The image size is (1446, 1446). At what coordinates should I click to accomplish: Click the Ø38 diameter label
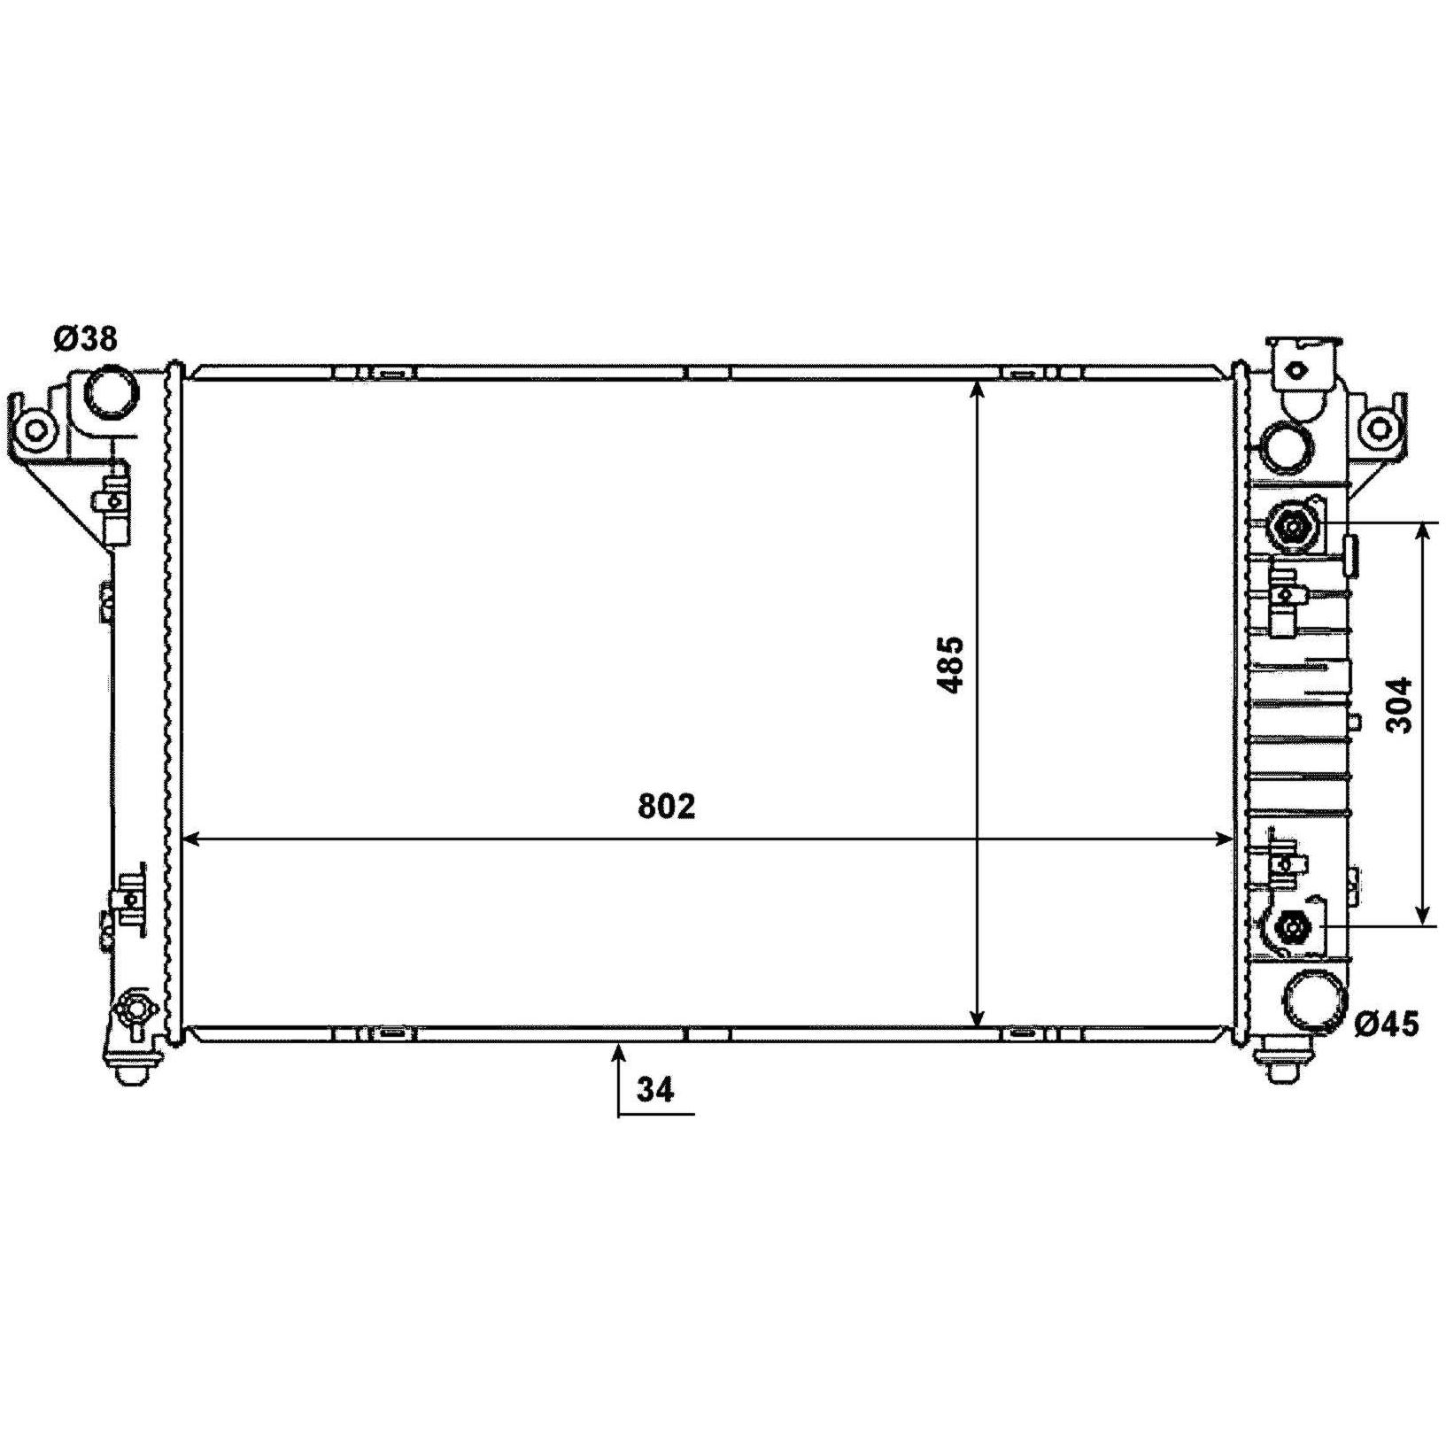85,338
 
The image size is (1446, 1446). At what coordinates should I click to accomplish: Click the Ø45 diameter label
1387,1024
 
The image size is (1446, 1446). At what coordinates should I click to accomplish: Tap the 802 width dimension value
667,806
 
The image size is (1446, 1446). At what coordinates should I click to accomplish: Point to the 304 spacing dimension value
1399,705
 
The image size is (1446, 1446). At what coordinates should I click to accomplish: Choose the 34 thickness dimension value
656,1088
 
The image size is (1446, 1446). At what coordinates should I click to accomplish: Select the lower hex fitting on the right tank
1293,928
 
